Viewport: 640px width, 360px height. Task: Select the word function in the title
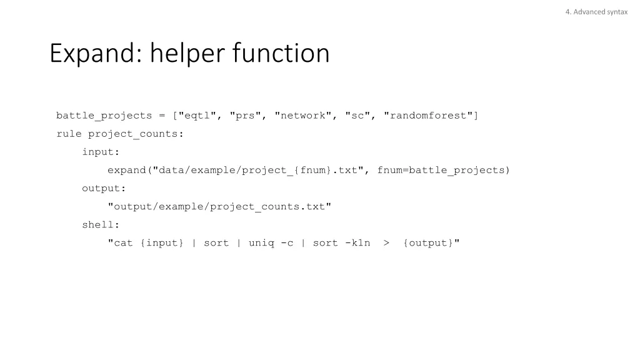tap(281, 54)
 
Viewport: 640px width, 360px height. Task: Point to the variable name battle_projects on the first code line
tap(104, 116)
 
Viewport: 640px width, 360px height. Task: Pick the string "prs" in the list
tap(246, 116)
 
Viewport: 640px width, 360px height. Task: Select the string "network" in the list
tap(303, 116)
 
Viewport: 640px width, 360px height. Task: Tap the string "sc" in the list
tap(357, 116)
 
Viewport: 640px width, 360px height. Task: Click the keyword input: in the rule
tap(101, 152)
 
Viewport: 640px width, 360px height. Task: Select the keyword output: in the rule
tap(104, 188)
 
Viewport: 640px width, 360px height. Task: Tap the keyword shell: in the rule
tap(101, 225)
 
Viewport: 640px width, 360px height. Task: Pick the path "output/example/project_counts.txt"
tap(219, 206)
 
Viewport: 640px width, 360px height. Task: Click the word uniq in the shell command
tap(261, 243)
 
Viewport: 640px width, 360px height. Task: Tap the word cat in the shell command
tap(123, 243)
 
